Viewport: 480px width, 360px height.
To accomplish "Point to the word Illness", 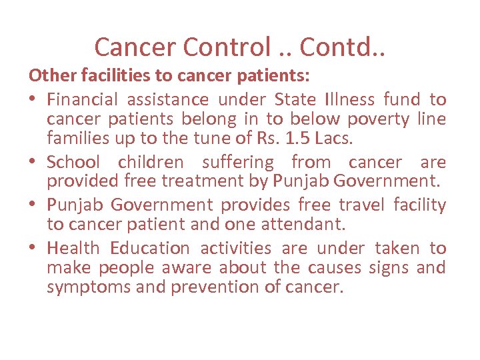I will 351,100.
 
